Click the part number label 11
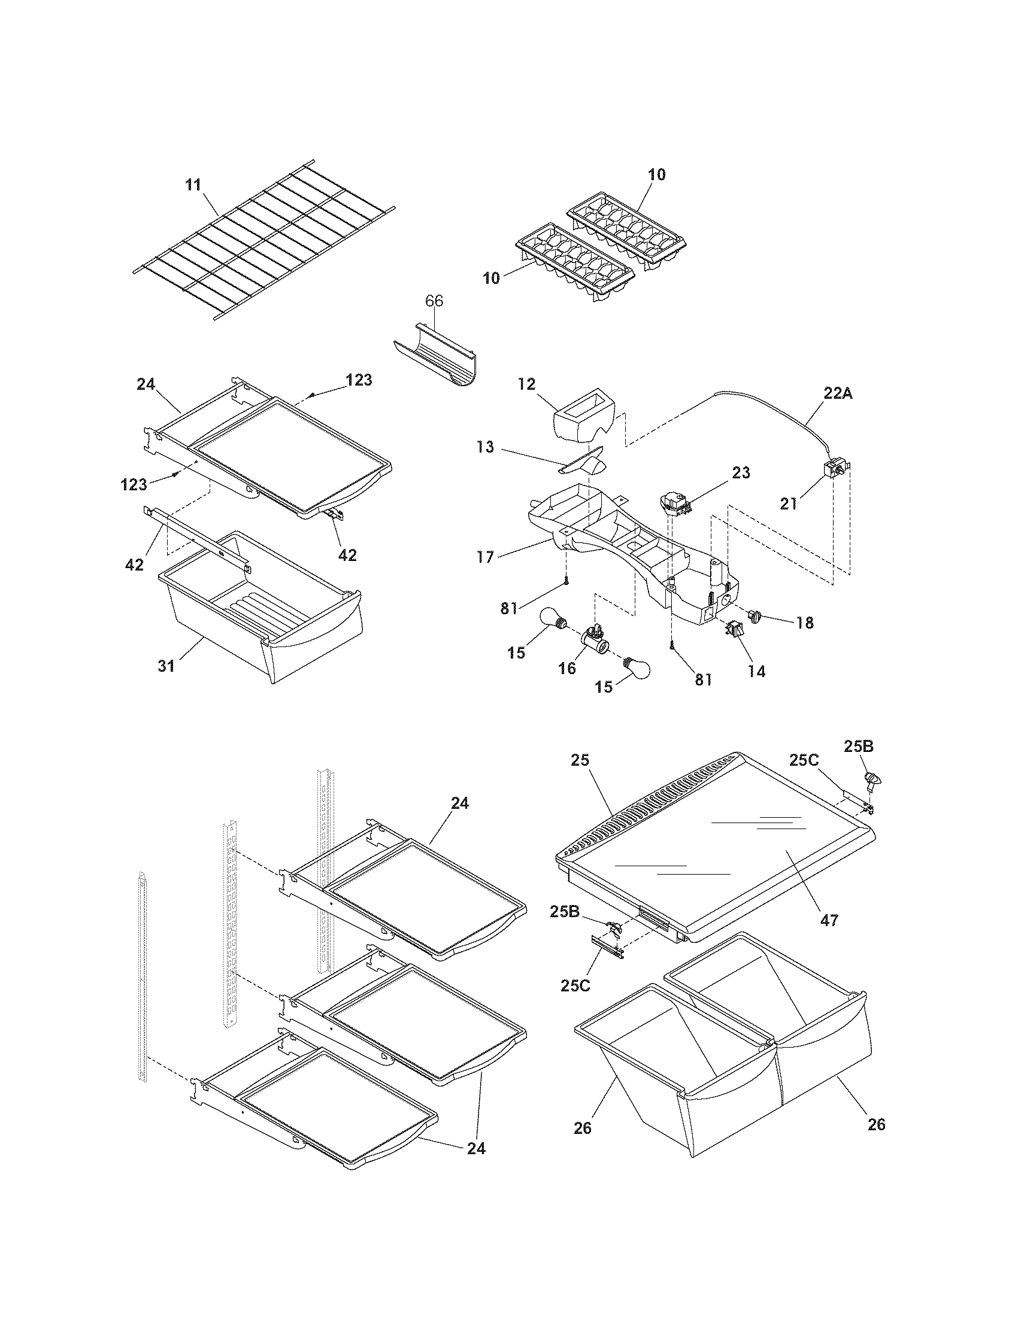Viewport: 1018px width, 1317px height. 193,184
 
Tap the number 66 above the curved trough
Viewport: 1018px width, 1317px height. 434,301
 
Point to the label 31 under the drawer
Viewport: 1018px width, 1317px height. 166,666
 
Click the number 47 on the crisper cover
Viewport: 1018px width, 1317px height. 829,920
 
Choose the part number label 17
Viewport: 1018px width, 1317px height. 485,557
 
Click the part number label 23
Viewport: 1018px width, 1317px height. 741,473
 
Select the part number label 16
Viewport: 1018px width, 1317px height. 567,668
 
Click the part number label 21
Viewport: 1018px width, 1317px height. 788,503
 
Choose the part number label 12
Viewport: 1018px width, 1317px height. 526,384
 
